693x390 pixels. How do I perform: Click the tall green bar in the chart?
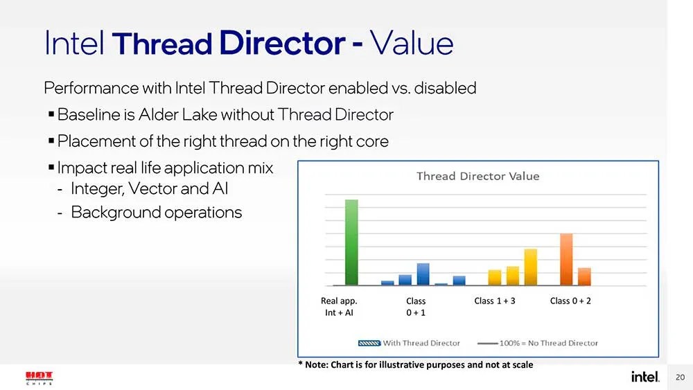[351, 242]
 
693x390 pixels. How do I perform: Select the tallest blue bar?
[423, 274]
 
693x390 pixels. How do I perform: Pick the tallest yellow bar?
[531, 267]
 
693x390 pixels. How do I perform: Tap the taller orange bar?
[566, 259]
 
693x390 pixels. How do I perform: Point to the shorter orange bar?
[584, 276]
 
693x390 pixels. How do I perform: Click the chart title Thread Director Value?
[477, 176]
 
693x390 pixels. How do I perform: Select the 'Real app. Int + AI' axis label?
[339, 307]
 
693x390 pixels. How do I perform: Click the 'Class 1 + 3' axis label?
[495, 301]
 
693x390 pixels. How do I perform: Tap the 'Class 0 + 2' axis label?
[570, 301]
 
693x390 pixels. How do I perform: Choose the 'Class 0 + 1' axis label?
[416, 307]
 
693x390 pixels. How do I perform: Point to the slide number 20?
[679, 377]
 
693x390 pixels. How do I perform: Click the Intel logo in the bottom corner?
[644, 377]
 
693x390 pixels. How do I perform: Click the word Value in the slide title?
[412, 44]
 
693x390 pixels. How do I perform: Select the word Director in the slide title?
[279, 44]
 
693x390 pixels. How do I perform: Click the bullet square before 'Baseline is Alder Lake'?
[52, 115]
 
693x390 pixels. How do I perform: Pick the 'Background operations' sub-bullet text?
[156, 213]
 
